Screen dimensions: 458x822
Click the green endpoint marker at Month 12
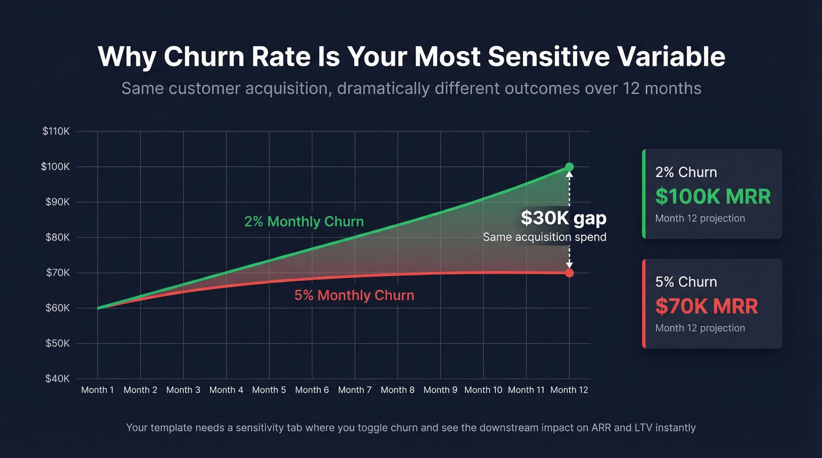(569, 167)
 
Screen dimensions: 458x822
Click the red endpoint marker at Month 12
(569, 273)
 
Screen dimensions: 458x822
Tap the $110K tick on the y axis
(56, 131)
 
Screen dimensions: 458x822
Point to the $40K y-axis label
(57, 379)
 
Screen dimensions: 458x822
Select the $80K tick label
(57, 238)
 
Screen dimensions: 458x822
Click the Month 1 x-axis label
(97, 390)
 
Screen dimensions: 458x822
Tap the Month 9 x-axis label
(440, 390)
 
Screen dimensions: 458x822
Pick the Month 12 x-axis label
(569, 390)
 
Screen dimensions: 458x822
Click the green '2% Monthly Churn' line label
(304, 222)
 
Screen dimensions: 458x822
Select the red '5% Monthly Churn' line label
(354, 295)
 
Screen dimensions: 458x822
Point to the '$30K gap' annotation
(563, 218)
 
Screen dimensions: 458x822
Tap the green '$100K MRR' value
(713, 196)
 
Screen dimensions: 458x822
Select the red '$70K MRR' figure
(706, 306)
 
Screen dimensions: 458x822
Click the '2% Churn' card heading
(686, 172)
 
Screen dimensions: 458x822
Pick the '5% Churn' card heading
(686, 282)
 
